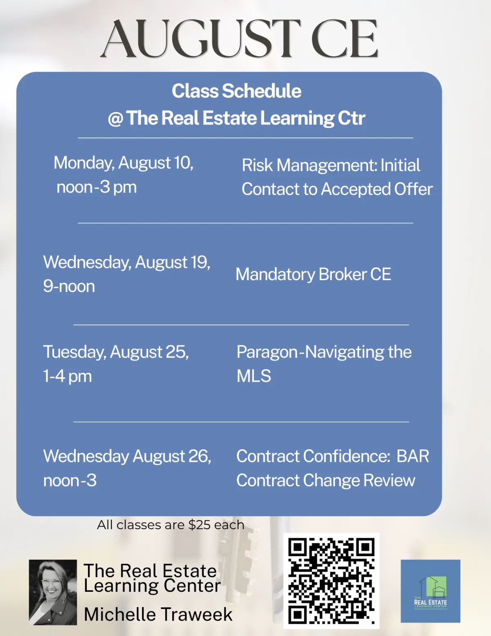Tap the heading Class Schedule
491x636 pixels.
click(236, 91)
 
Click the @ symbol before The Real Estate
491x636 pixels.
click(115, 119)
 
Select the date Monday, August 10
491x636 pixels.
click(124, 163)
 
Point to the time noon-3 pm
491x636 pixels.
click(97, 187)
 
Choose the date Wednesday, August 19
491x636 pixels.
click(126, 263)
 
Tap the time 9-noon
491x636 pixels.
click(69, 286)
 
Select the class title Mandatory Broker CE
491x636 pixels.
click(313, 274)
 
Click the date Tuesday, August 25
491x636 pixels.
click(116, 352)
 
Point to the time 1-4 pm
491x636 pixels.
click(67, 376)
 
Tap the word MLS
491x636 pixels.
click(254, 376)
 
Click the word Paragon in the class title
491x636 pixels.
click(267, 352)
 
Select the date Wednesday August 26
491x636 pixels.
click(127, 457)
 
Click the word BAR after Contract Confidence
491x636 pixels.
click(412, 456)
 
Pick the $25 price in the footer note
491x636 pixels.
click(199, 525)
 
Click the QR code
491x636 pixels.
click(331, 581)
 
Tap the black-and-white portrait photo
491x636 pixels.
click(53, 593)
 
